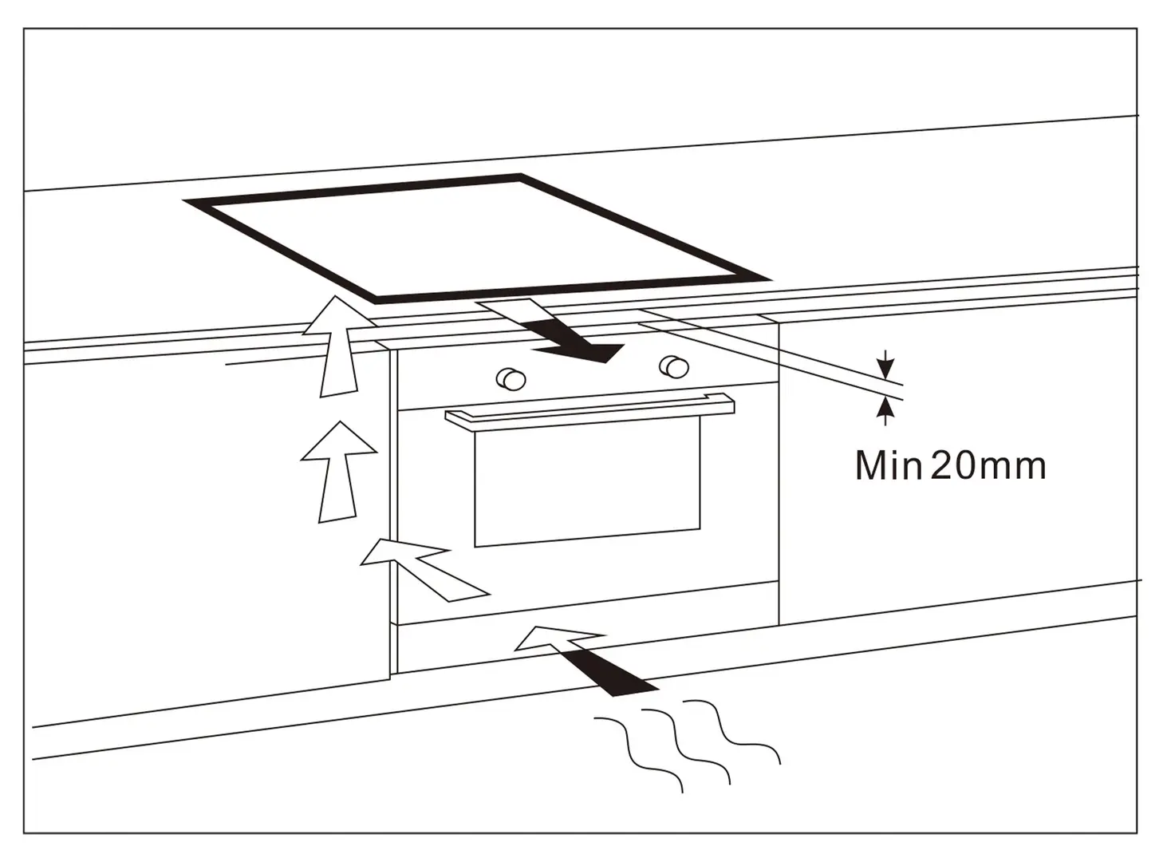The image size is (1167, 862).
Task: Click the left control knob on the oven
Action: point(511,378)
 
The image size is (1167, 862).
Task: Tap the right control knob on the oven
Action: point(674,366)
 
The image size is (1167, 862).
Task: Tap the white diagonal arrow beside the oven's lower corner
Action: point(424,568)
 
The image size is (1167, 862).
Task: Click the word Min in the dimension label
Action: point(887,465)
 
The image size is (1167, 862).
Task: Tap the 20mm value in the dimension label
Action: point(988,465)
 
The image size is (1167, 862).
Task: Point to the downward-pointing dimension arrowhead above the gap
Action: point(885,369)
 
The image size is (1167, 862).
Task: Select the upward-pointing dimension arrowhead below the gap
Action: point(885,407)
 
